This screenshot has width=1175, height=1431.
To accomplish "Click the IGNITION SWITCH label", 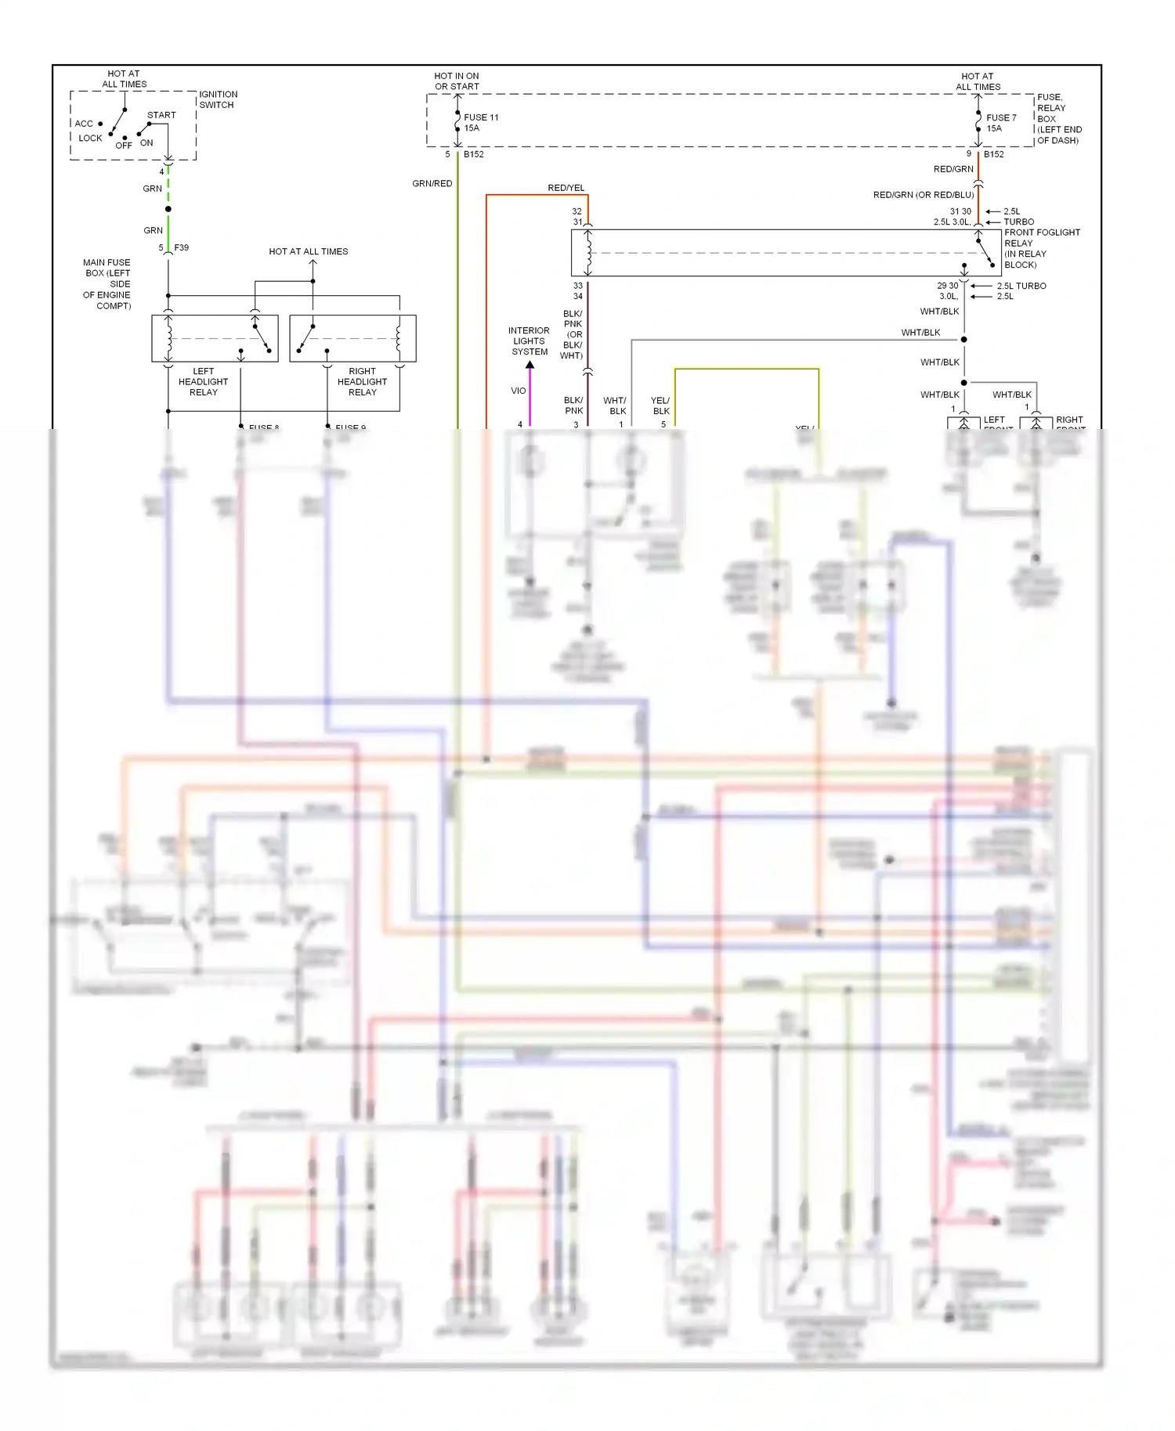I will pyautogui.click(x=218, y=99).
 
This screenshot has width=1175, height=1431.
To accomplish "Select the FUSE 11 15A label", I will pyautogui.click(x=480, y=123).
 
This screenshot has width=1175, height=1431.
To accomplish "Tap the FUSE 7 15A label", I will pyautogui.click(x=1000, y=123).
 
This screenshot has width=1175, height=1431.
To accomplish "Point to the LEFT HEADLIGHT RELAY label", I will pyautogui.click(x=203, y=382).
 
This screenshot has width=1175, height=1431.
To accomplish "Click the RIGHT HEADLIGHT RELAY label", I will pyautogui.click(x=362, y=382).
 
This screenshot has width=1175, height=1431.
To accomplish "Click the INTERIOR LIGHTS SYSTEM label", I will pyautogui.click(x=530, y=341).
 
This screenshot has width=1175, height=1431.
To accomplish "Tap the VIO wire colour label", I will pyautogui.click(x=519, y=391).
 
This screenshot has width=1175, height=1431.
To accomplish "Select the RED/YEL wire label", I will pyautogui.click(x=566, y=188).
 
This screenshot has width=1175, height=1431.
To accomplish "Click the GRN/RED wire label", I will pyautogui.click(x=432, y=183).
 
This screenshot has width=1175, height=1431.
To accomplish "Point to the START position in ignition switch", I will pyautogui.click(x=161, y=115).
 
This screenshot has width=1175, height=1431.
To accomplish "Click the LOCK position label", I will pyautogui.click(x=90, y=138).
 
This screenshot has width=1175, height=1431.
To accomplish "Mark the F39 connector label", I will pyautogui.click(x=181, y=247).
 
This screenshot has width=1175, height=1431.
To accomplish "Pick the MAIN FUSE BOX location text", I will pyautogui.click(x=107, y=284).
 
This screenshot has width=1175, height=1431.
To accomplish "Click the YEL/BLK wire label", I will pyautogui.click(x=660, y=406).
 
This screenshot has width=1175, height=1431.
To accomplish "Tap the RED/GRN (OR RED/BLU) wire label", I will pyautogui.click(x=923, y=195).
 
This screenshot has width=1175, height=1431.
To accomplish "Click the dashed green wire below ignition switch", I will pyautogui.click(x=168, y=188).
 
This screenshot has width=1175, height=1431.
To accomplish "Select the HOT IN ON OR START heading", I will pyautogui.click(x=457, y=81).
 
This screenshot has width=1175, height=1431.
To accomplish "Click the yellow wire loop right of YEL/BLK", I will pyautogui.click(x=747, y=369).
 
